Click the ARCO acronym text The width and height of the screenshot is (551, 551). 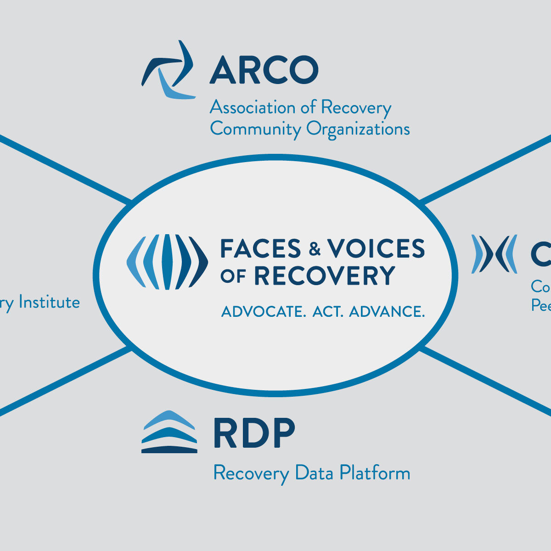pos(264,70)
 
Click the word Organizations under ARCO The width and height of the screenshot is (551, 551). pos(358,129)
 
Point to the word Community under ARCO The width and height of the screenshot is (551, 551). pos(255,129)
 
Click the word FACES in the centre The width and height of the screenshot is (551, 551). pos(260,249)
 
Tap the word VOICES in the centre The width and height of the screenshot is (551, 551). pos(376,249)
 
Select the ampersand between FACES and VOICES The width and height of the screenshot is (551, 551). pos(315,249)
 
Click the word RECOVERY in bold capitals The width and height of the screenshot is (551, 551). pos(325,276)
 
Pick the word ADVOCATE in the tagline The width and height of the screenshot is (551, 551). pos(264,312)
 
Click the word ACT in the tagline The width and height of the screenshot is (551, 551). pos(328,312)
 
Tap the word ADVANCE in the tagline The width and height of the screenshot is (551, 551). pos(387,312)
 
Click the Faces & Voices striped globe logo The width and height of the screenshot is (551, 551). pos(167,262)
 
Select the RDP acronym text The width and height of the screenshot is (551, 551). pos(254,433)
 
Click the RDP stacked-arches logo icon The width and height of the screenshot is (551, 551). pos(169,432)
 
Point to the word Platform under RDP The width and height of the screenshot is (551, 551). pos(375,473)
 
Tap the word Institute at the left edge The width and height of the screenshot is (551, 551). pos(49,303)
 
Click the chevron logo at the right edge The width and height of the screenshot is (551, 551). pos(494,254)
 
